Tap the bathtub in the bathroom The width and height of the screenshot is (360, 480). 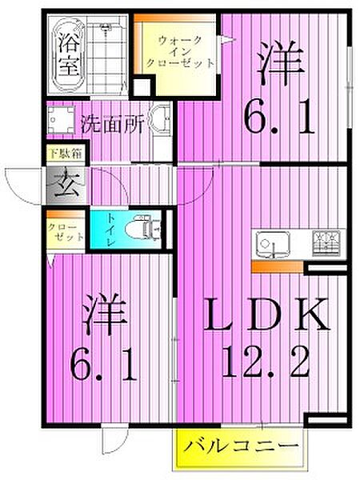[68, 54]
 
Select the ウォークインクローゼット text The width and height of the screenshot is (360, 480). [180, 52]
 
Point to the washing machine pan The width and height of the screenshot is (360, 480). [62, 119]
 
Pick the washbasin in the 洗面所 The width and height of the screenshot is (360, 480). [159, 119]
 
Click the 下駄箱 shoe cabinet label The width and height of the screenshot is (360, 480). [66, 154]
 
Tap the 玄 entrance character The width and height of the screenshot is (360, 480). [67, 185]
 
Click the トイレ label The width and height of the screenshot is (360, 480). [110, 230]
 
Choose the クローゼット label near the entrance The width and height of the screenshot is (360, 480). [66, 232]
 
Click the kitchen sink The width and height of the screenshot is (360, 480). [273, 244]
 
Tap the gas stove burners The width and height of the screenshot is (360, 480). [327, 243]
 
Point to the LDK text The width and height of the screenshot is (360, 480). [266, 315]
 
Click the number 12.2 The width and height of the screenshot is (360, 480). [266, 362]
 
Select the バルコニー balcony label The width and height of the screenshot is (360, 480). [241, 446]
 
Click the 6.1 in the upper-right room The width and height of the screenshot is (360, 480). [279, 118]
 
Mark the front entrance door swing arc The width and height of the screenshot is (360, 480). [18, 186]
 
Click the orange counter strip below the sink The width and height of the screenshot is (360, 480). [278, 267]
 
